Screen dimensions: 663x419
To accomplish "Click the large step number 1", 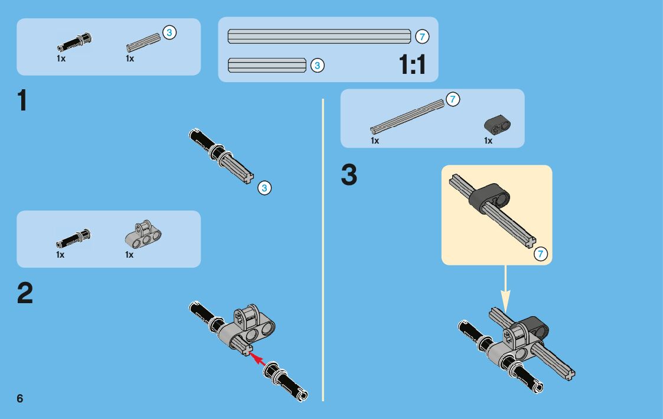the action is pos(22,100).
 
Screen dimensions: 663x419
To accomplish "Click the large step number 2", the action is pos(25,293).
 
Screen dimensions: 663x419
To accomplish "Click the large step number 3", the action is pos(349,176).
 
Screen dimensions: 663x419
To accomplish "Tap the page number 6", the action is pos(20,398).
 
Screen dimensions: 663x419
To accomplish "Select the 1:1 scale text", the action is pos(412,64).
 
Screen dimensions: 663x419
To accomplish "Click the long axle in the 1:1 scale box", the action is pos(319,36).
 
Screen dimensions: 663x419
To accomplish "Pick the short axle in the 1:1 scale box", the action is pos(267,65).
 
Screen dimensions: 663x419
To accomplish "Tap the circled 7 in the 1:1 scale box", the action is pos(422,36).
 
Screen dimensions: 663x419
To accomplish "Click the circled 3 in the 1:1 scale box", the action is pos(317,66).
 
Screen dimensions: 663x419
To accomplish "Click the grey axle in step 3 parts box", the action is pos(407,116).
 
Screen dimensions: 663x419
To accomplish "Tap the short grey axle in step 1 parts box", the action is pos(143,43).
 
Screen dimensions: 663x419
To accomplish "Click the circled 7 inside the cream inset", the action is pos(540,254).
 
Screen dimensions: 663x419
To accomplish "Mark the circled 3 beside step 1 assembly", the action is pos(264,189).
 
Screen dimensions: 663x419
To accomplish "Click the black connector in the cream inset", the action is pos(489,195).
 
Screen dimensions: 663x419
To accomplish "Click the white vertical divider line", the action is pos(323,248).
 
